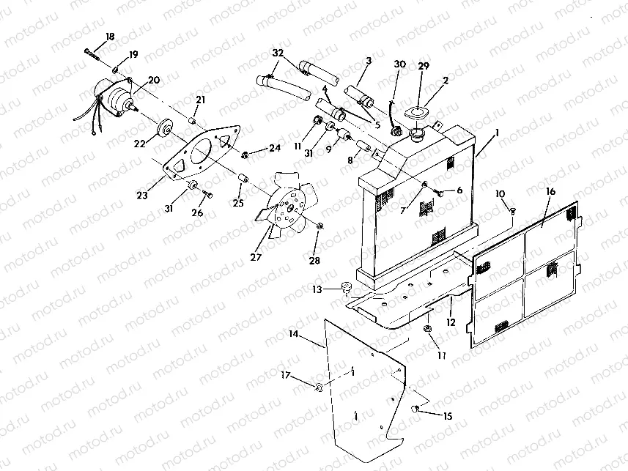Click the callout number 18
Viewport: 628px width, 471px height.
point(110,37)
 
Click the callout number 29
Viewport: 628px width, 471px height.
point(423,67)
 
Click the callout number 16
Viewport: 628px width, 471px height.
point(550,192)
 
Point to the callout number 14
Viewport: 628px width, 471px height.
point(293,334)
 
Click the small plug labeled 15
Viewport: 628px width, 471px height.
point(415,409)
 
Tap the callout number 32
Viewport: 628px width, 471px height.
point(278,53)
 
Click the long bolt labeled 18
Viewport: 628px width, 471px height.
point(91,51)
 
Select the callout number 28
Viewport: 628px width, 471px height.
point(315,261)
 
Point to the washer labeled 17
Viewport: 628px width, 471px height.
point(320,387)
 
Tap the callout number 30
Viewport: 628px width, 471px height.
point(399,64)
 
